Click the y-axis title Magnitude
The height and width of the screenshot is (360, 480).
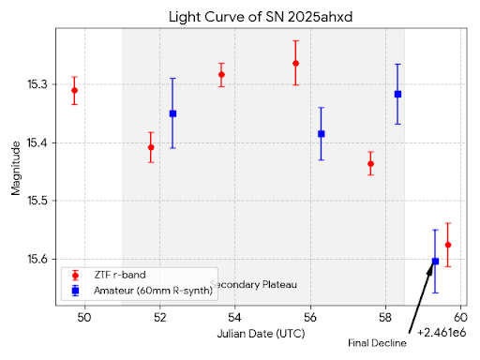point(16,169)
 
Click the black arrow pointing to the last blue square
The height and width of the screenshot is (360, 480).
point(421,297)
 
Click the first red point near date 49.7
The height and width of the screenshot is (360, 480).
point(74,90)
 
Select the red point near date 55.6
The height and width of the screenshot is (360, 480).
point(295,63)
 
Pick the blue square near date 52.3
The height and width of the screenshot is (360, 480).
point(172,113)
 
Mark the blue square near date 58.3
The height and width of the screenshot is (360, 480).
point(397,94)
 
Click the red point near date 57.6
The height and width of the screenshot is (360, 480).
point(370,163)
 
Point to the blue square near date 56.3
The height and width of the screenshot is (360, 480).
point(321,133)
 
